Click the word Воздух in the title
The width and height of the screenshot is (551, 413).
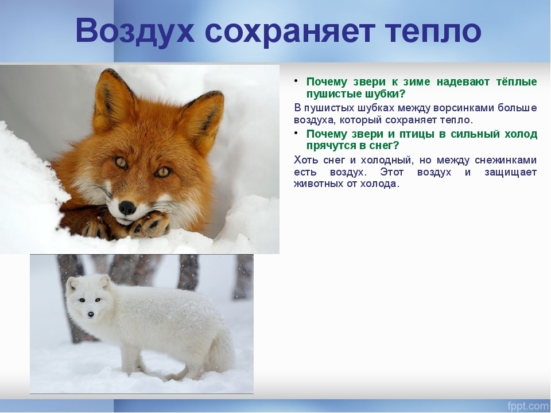134,31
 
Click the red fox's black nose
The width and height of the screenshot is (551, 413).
127,208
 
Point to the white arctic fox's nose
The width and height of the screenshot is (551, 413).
91,314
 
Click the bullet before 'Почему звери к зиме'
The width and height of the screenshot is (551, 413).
296,81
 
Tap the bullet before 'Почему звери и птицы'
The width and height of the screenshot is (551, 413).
296,133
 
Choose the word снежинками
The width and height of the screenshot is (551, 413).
506,160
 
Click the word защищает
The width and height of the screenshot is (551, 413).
511,173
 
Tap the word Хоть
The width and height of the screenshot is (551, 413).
306,160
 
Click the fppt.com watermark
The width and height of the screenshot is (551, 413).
528,406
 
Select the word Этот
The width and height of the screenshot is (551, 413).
392,173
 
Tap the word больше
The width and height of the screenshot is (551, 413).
517,107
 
